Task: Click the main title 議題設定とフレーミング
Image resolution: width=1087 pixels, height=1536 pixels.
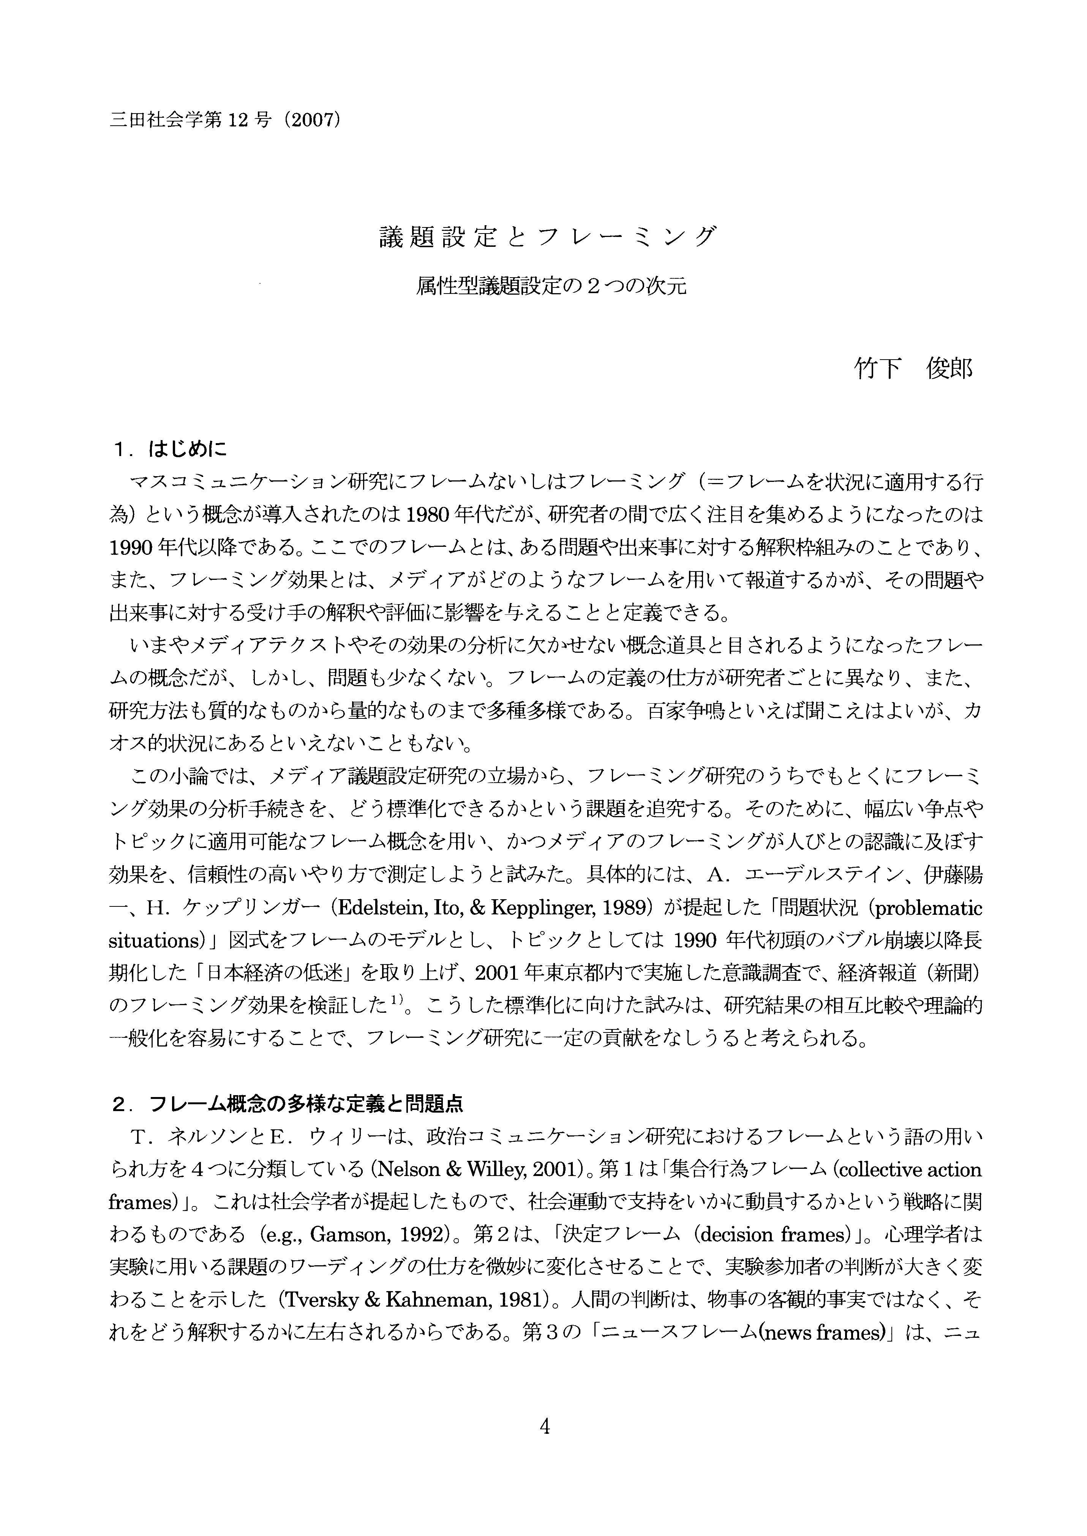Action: pyautogui.click(x=548, y=237)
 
